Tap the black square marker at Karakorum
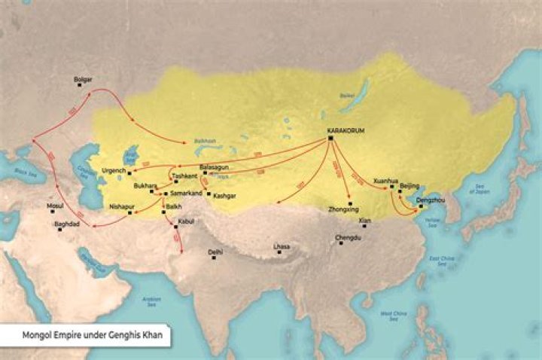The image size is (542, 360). tap(330, 139)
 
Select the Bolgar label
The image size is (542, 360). tap(83, 79)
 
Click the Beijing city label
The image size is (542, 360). tap(410, 185)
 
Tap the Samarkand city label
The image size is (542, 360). tap(184, 194)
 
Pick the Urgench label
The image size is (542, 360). tap(114, 171)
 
